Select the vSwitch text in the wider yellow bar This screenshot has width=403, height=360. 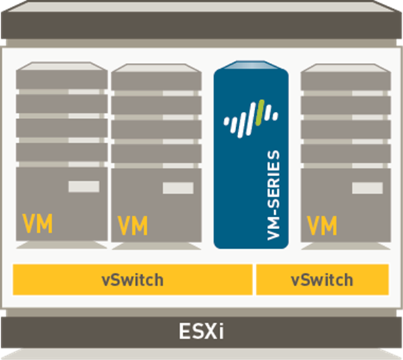point(133,280)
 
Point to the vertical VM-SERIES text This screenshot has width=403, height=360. point(274,196)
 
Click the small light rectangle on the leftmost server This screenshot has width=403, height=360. point(83,187)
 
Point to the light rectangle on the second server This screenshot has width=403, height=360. point(178,188)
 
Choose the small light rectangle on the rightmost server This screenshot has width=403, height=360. point(367,188)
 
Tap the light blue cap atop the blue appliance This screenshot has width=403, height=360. point(251,67)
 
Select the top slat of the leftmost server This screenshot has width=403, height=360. point(61,77)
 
